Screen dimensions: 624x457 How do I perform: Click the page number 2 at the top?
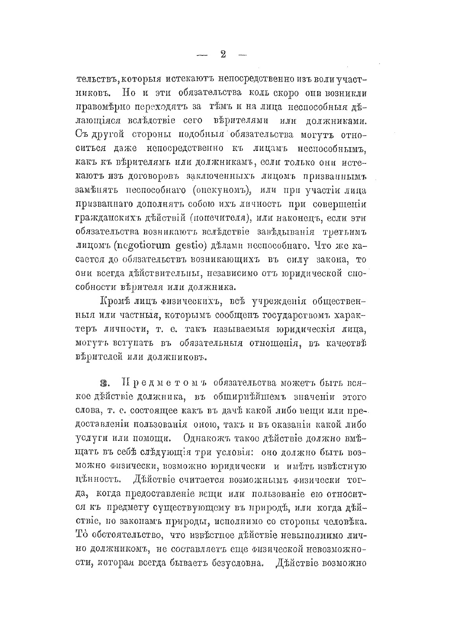coord(223,54)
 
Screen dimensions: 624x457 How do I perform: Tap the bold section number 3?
coord(104,383)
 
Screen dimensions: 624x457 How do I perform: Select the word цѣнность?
coord(95,479)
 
